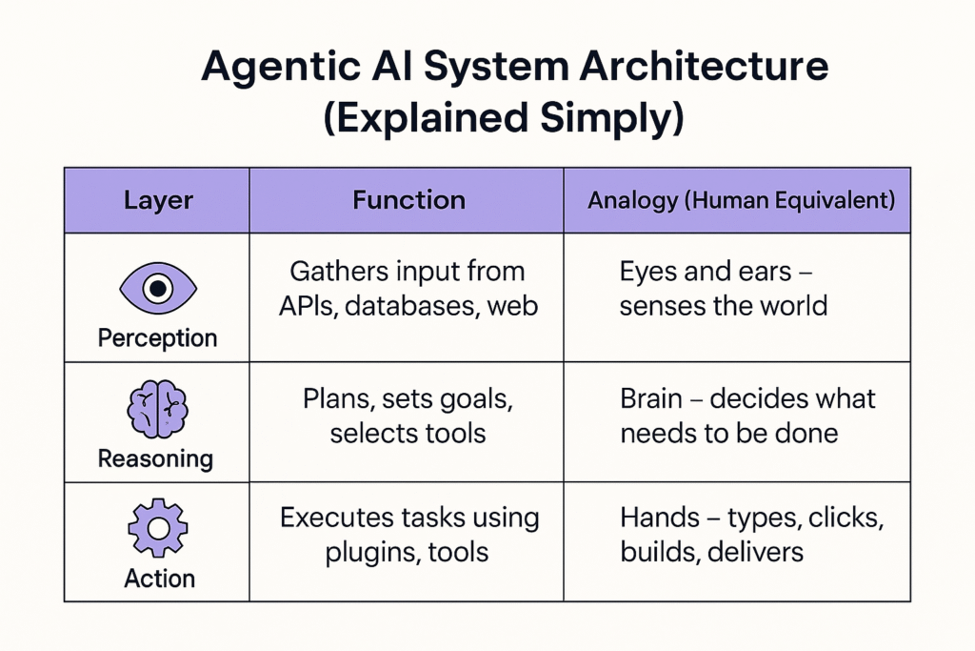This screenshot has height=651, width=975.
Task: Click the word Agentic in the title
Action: click(281, 68)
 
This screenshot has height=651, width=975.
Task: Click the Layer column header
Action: click(158, 200)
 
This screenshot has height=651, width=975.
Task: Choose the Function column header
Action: click(408, 200)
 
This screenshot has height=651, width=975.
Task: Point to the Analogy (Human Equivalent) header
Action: click(741, 200)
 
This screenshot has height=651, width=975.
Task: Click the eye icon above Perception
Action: click(158, 288)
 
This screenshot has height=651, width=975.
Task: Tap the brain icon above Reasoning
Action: click(157, 409)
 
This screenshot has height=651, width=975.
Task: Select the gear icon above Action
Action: click(157, 528)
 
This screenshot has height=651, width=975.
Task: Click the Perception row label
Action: click(157, 338)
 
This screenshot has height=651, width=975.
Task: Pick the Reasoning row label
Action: click(155, 458)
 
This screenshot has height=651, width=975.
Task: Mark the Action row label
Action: click(159, 579)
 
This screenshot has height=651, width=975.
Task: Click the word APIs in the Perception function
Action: click(308, 306)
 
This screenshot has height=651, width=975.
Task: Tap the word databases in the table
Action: click(411, 306)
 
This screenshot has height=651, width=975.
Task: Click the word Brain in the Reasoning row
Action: click(650, 398)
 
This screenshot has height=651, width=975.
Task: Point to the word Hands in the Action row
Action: click(660, 518)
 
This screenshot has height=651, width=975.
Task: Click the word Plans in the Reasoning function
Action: click(338, 399)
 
